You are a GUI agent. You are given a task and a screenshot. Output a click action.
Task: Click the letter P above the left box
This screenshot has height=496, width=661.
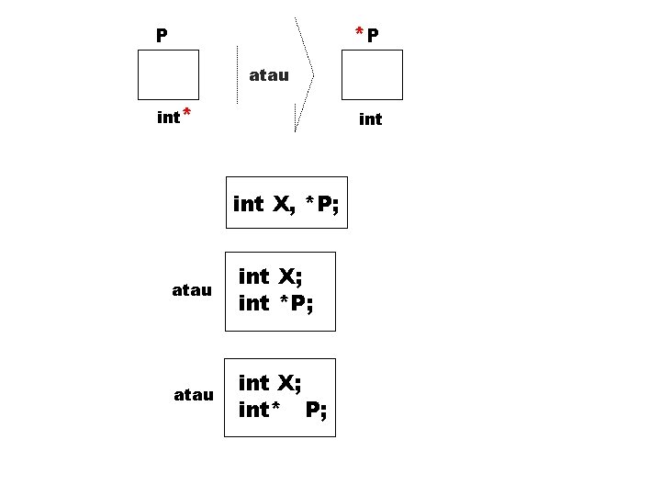(x=162, y=36)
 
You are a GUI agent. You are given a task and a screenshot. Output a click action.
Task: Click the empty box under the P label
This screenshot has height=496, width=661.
(x=168, y=74)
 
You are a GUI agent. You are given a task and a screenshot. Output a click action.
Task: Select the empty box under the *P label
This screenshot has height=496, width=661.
(x=372, y=74)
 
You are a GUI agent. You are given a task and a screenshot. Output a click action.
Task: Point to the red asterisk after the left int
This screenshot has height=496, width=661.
(x=186, y=113)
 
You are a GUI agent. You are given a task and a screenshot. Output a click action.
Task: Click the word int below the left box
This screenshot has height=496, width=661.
(x=168, y=118)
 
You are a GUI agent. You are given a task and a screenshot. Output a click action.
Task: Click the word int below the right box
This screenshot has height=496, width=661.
(x=371, y=119)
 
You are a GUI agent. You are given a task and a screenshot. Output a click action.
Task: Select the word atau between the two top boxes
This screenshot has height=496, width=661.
(x=269, y=75)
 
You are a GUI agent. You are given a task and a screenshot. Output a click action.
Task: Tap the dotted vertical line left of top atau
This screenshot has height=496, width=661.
(x=238, y=74)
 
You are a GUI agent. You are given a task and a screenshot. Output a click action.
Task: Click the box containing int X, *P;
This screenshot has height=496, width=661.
(x=287, y=203)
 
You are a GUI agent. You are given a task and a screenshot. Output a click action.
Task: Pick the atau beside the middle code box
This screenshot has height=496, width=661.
(x=192, y=290)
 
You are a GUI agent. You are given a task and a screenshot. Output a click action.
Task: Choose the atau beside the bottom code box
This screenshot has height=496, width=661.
(x=194, y=395)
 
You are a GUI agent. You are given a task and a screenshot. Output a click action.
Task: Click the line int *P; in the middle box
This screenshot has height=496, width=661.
(x=275, y=303)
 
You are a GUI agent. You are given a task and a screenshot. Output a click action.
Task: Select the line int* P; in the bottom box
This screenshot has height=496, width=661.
(x=282, y=410)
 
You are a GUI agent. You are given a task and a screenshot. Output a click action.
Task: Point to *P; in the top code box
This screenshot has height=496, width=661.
(x=322, y=204)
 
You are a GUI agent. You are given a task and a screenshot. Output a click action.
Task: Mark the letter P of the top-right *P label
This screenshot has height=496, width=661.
(x=374, y=36)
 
